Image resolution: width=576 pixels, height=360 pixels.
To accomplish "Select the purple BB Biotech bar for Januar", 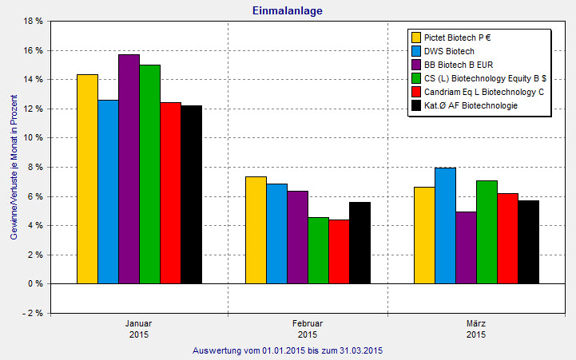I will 129,169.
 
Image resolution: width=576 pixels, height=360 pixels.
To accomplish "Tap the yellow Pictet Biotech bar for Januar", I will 87,179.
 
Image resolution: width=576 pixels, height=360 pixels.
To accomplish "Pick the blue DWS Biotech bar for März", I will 445,226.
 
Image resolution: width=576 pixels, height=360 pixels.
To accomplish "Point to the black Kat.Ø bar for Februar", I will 360,243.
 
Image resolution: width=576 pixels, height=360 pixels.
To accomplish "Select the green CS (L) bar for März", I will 487,232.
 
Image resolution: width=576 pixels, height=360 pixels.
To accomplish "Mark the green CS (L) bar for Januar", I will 149,174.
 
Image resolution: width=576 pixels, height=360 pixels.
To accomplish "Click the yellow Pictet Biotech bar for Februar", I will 256,230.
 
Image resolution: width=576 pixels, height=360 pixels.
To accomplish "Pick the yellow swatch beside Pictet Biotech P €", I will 416,37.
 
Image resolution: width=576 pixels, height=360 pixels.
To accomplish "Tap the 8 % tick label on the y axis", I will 34,167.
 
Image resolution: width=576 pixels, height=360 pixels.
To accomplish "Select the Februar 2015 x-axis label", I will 308,329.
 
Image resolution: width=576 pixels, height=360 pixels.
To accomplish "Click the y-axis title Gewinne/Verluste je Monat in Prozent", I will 14,168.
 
